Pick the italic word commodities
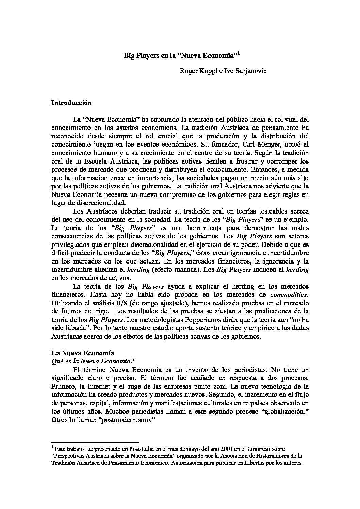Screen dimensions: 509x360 (x=289, y=294)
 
